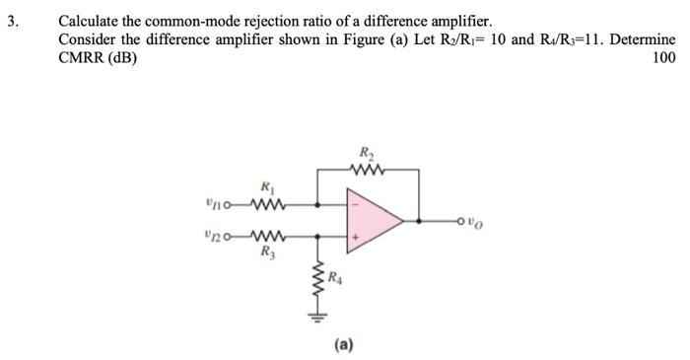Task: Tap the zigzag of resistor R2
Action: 368,169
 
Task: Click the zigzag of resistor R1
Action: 266,206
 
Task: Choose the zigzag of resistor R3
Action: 266,237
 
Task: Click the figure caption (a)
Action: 344,343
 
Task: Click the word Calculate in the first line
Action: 91,20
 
